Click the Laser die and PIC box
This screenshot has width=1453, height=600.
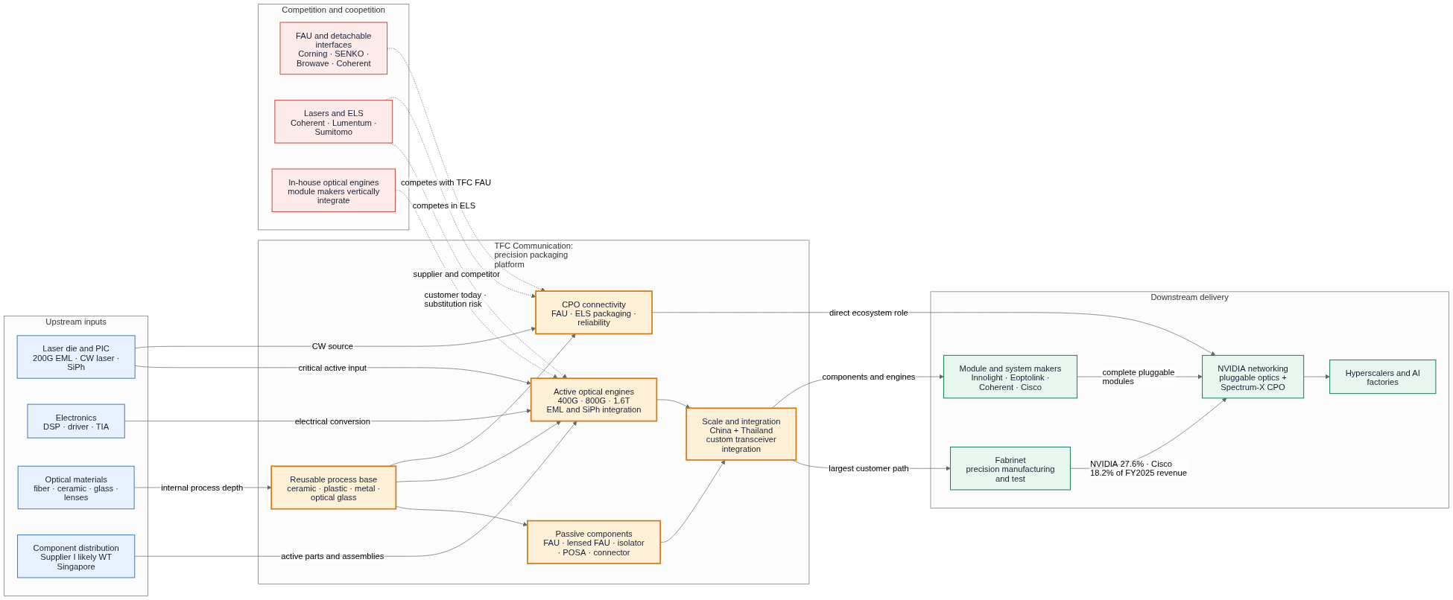coord(76,357)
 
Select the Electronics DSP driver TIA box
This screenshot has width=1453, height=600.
coord(76,421)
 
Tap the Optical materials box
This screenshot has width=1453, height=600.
coord(76,488)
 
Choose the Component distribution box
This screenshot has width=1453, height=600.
coord(76,556)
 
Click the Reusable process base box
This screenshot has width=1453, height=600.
coord(333,488)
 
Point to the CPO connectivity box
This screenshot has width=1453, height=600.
coord(593,313)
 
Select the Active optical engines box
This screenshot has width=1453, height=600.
coord(593,400)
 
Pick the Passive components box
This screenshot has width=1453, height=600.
coord(593,542)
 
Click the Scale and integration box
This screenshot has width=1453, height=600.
coord(741,434)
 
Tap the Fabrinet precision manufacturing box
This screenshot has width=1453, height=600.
coord(1010,468)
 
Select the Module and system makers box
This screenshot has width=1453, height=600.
coord(1010,377)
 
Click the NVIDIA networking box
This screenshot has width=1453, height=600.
coord(1253,377)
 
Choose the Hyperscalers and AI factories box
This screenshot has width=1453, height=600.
coord(1382,377)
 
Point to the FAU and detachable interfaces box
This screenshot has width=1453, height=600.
coord(333,48)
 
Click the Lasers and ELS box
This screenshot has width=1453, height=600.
coord(333,121)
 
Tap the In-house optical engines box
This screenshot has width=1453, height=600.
coord(333,191)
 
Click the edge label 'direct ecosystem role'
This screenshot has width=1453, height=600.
coord(868,313)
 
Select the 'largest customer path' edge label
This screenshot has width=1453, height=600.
coord(868,468)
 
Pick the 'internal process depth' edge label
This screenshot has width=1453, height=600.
coord(201,488)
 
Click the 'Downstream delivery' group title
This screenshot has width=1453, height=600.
coord(1189,297)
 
